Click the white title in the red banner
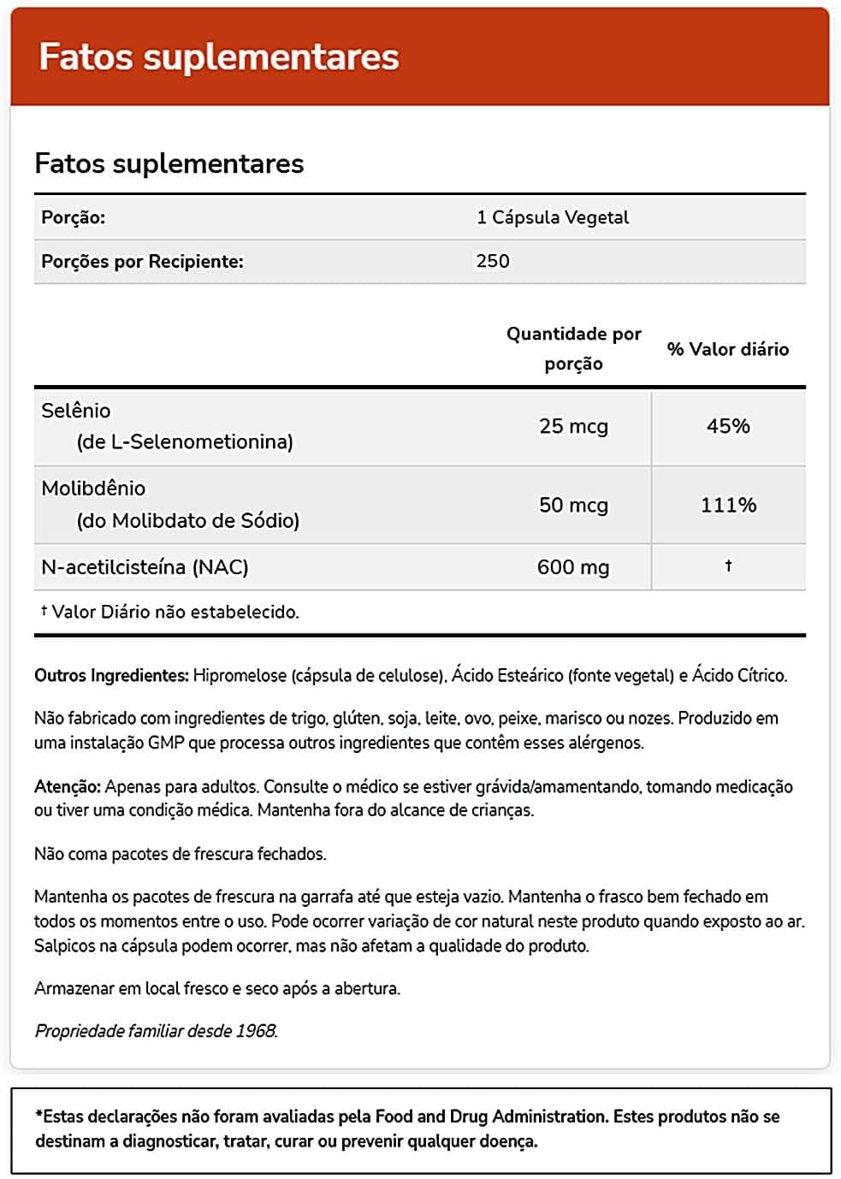click(219, 57)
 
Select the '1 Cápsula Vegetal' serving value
click(552, 217)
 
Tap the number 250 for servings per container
click(493, 261)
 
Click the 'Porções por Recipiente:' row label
click(142, 262)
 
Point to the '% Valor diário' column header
click(727, 349)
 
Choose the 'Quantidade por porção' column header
click(573, 348)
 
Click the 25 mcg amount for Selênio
click(573, 426)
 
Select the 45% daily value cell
click(728, 426)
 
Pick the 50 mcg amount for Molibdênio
click(573, 505)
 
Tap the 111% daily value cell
click(728, 505)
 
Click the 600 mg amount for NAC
click(573, 567)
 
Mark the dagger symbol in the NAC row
click(728, 566)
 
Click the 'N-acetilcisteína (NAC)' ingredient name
click(145, 567)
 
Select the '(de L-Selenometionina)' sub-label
click(185, 441)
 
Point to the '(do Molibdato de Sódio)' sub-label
click(188, 520)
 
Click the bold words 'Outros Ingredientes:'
click(111, 676)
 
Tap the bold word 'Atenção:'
click(68, 786)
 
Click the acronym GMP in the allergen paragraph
click(166, 743)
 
